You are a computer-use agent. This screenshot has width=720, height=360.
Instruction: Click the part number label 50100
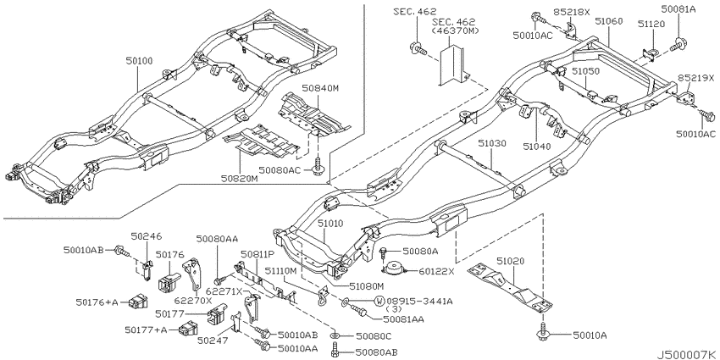(141, 61)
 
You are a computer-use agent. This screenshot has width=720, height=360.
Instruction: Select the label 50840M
(320, 88)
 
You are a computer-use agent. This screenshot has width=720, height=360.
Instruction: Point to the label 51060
(608, 21)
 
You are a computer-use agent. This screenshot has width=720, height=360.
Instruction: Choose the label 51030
(493, 143)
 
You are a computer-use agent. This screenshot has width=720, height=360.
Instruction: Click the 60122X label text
(436, 271)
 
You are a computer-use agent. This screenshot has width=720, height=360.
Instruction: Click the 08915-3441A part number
(419, 302)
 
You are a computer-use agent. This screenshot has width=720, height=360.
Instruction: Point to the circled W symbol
(379, 302)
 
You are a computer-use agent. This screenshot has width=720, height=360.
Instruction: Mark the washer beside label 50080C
(335, 337)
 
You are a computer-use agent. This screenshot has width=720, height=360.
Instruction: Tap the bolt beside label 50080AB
(335, 352)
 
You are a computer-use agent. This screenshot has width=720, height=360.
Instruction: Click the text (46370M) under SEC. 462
(456, 30)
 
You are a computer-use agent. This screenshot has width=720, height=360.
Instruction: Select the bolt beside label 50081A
(678, 45)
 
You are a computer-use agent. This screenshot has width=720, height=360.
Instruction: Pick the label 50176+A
(97, 302)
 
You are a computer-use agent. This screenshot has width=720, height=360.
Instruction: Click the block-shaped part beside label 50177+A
(188, 329)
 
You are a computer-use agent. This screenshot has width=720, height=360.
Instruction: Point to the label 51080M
(366, 286)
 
